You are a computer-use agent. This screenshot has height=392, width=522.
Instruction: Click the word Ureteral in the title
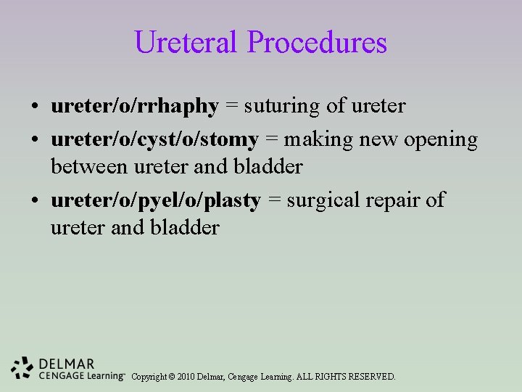(187, 42)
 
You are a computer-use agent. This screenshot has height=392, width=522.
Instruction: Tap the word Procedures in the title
(317, 42)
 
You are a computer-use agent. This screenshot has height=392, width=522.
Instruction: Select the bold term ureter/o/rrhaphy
(134, 107)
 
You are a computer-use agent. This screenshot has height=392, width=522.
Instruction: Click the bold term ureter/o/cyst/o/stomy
(154, 139)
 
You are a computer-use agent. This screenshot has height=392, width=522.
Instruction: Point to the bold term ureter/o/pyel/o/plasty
(155, 200)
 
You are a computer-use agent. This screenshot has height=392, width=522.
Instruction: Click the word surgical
(328, 200)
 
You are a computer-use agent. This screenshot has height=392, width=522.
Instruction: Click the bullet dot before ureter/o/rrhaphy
(35, 107)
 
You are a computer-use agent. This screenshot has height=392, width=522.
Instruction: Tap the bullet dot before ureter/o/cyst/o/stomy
(35, 140)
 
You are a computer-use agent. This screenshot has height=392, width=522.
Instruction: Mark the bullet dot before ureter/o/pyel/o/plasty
(35, 201)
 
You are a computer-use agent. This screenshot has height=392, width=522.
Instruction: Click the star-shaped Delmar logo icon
(22, 368)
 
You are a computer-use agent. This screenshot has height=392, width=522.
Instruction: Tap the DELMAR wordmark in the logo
(66, 363)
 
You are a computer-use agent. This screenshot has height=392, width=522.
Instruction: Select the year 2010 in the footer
(187, 377)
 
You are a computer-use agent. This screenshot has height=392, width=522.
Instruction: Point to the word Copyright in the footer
(149, 377)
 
